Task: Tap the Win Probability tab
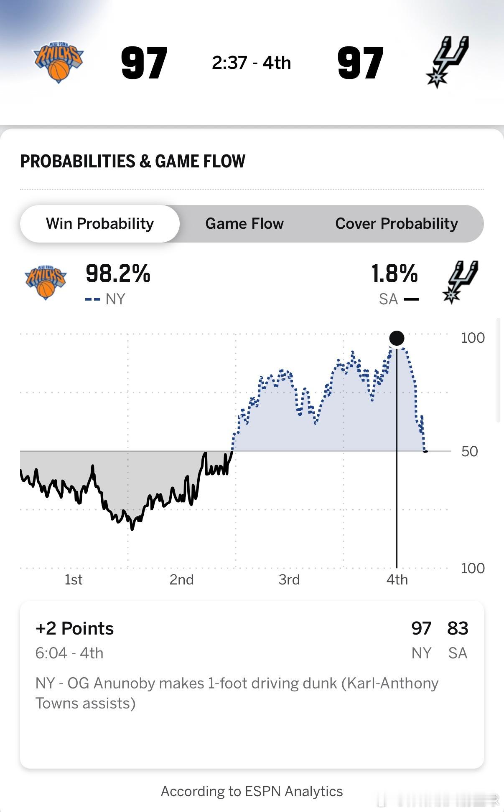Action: [100, 224]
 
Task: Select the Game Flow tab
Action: [244, 224]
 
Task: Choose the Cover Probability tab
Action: [397, 224]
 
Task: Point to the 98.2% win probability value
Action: [118, 274]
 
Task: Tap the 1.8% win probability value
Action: [395, 274]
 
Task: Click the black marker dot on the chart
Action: [397, 338]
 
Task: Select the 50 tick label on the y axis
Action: [470, 451]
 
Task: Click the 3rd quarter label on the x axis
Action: [289, 579]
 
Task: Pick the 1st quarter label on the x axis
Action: [74, 579]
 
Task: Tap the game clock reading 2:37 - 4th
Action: [252, 63]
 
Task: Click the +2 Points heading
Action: [74, 628]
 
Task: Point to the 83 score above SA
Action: [458, 628]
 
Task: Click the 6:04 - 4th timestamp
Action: [69, 653]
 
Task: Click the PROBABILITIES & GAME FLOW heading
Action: [133, 161]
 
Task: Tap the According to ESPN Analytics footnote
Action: [252, 791]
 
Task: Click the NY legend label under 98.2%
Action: [115, 299]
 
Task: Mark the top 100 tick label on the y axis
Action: [473, 338]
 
